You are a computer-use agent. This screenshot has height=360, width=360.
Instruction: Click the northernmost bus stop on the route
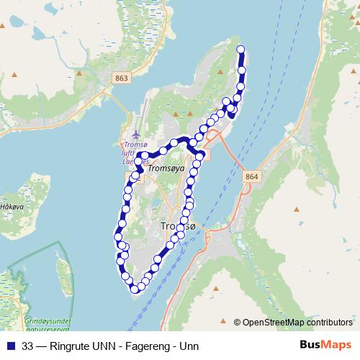click(240, 50)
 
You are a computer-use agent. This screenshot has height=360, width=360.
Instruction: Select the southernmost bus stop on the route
click(134, 289)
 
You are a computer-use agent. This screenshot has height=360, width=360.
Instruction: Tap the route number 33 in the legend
click(27, 346)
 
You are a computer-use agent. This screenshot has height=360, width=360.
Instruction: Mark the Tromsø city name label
click(177, 227)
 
